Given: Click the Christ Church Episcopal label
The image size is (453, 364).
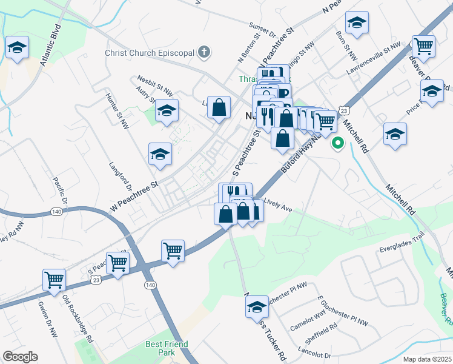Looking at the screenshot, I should pyautogui.click(x=149, y=52).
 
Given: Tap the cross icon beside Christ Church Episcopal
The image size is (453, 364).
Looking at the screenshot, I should pyautogui.click(x=204, y=52).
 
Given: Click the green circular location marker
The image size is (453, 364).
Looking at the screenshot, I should pyautogui.click(x=337, y=144).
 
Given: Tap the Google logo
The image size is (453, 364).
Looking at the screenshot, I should pyautogui.click(x=20, y=357).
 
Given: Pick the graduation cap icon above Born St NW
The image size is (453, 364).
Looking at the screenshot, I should pyautogui.click(x=357, y=23).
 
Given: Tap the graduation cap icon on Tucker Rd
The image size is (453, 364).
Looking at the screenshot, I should pyautogui.click(x=257, y=306).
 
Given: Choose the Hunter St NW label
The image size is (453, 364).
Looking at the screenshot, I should pyautogui.click(x=117, y=110).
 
